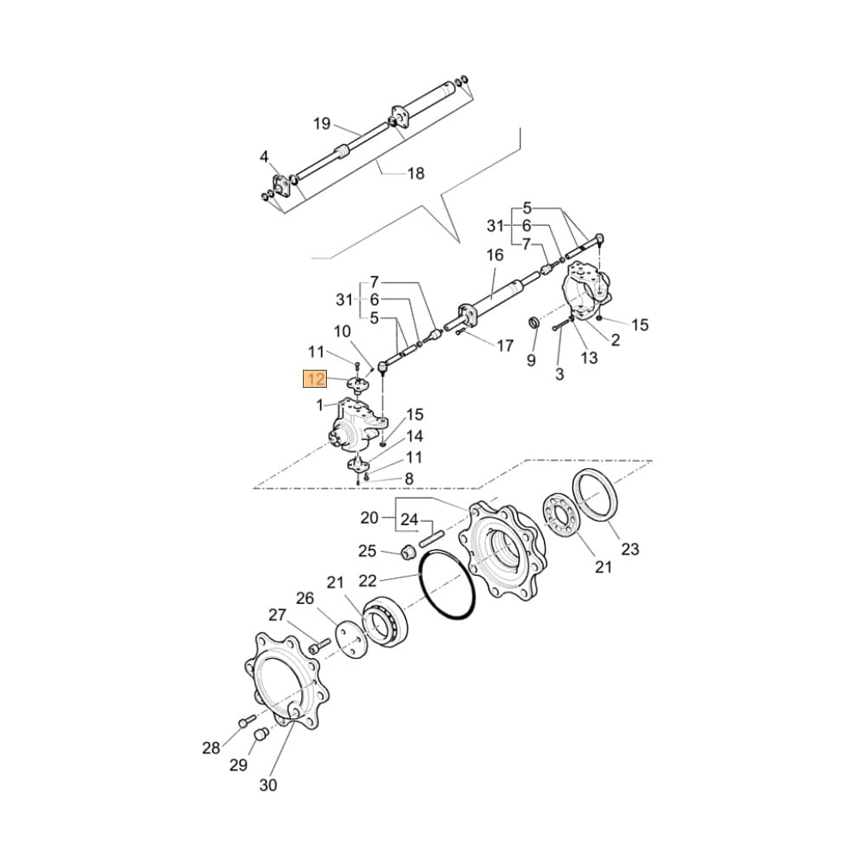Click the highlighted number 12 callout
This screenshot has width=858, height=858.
coord(315,379)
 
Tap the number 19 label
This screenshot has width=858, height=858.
coord(321,124)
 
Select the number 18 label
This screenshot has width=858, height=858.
coord(415,174)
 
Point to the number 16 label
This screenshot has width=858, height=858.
coord(495,255)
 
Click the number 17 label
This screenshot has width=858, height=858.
coord(505,346)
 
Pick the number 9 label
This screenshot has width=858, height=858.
coord(531,360)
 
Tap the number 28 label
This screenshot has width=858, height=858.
coord(211,748)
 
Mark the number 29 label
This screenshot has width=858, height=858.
coord(239,765)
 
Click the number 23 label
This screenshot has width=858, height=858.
coord(631,550)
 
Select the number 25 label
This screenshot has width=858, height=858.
coord(367,550)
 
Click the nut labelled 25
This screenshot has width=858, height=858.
coord(409,551)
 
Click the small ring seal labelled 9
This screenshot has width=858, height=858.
coord(533,323)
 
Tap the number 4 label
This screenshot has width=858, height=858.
coord(264,156)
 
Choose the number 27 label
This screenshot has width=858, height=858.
coord(276,614)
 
